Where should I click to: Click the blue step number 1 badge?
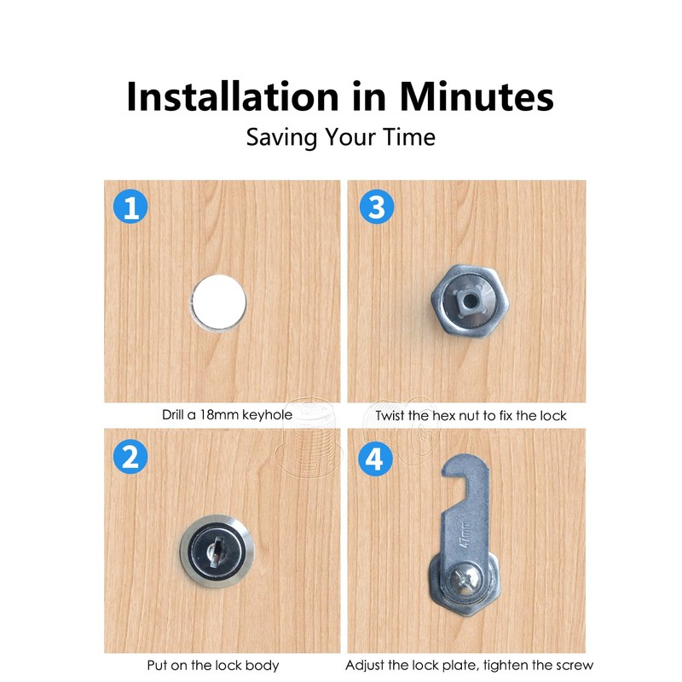130,208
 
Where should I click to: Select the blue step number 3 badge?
376,208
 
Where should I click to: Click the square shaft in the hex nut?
465,299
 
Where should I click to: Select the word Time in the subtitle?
407,136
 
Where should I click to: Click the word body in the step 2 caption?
261,665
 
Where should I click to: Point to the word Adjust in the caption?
365,665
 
